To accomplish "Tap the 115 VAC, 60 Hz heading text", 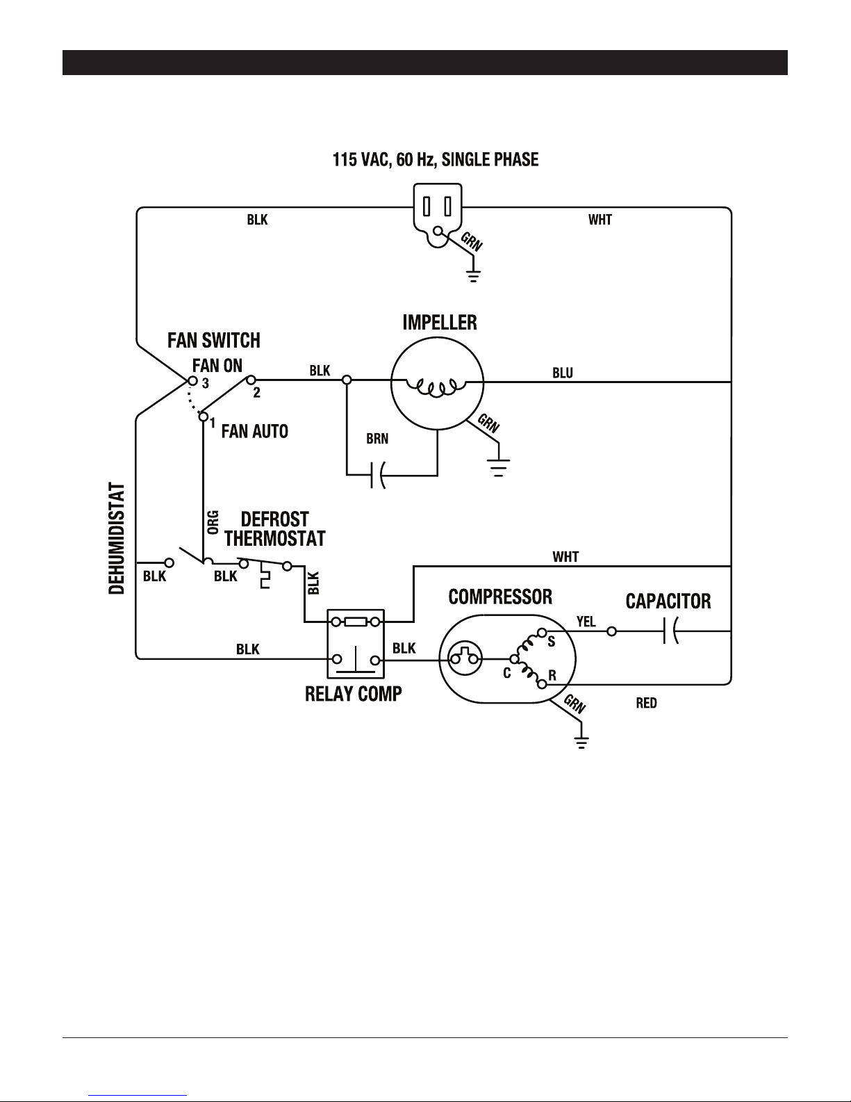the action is (436, 160).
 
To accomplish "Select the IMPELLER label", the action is (440, 323).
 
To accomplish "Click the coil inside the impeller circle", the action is (436, 389).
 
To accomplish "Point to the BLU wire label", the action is (562, 373).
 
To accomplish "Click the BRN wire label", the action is (377, 439).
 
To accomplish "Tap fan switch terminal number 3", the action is (205, 384).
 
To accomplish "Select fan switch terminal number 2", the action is (257, 393).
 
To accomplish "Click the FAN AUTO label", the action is (255, 432).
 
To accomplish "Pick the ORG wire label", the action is (213, 522).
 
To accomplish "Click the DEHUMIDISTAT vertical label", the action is (117, 538).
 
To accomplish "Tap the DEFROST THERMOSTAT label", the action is (274, 529).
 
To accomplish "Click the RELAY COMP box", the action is (356, 644).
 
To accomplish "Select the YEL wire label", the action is (586, 622).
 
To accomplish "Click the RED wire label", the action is (646, 703).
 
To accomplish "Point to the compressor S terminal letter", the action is (552, 642).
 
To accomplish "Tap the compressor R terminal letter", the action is (552, 676).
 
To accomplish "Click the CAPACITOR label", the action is (668, 601).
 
